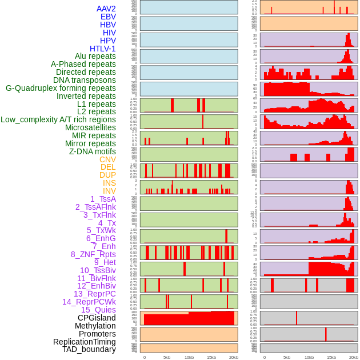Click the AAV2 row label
tap(106, 9)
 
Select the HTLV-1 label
tap(102, 49)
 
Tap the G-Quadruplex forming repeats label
tap(61, 88)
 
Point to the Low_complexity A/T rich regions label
tap(58, 119)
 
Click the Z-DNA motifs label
tap(92, 151)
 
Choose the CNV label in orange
tap(107, 159)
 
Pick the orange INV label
tap(109, 191)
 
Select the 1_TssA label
tap(103, 199)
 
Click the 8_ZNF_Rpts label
tap(93, 254)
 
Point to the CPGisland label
tap(97, 318)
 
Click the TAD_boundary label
tap(89, 349)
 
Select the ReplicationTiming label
tap(84, 342)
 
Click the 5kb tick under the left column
tap(167, 357)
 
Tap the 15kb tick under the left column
tap(211, 357)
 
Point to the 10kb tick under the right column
tap(309, 357)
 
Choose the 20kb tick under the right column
tap(353, 357)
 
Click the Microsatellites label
tap(90, 127)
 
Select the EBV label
tap(108, 17)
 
